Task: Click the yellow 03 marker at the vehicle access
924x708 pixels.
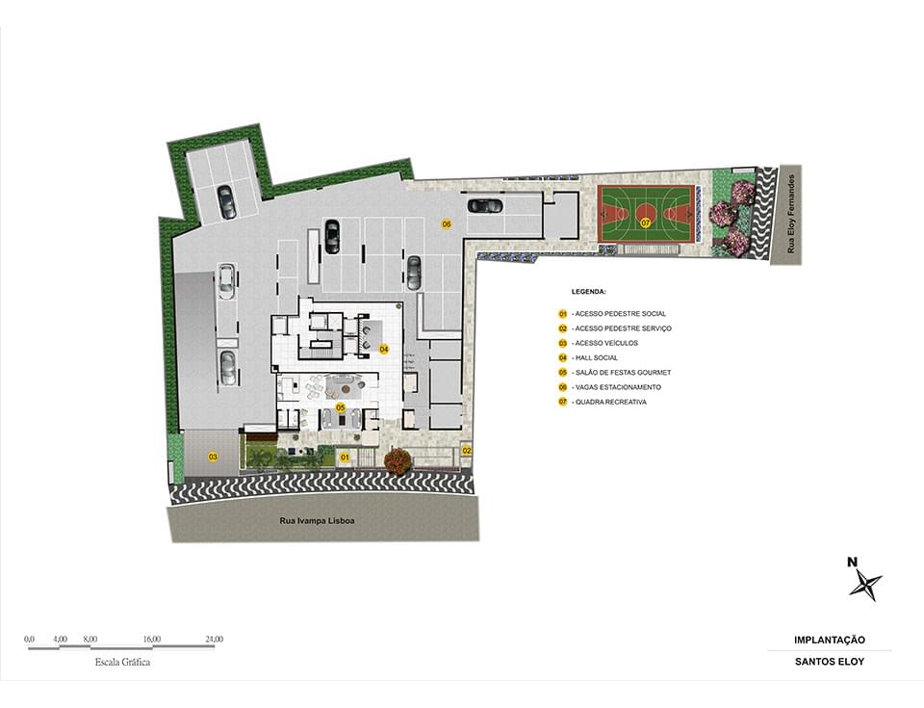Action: pyautogui.click(x=213, y=457)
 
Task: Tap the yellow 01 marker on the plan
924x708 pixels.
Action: pyautogui.click(x=346, y=458)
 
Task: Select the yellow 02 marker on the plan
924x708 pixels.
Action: pyautogui.click(x=467, y=451)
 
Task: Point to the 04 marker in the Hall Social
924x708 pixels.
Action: pyautogui.click(x=384, y=350)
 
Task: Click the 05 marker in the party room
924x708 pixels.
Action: pyautogui.click(x=340, y=407)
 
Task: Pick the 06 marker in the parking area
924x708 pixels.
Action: pyautogui.click(x=446, y=224)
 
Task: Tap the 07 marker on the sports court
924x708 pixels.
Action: pyautogui.click(x=646, y=223)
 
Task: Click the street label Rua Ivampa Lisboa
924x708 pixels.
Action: pyautogui.click(x=317, y=521)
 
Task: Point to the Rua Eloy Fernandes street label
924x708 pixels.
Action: pyautogui.click(x=791, y=214)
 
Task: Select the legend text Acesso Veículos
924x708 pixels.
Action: pyautogui.click(x=606, y=343)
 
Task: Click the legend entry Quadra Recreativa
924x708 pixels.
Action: pyautogui.click(x=610, y=402)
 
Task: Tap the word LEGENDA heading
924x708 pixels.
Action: pyautogui.click(x=589, y=292)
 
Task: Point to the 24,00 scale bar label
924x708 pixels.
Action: pyautogui.click(x=214, y=639)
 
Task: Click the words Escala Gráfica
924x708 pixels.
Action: pyautogui.click(x=122, y=662)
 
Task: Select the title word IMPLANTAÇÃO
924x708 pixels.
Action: pyautogui.click(x=830, y=641)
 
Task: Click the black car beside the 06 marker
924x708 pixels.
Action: pyautogui.click(x=485, y=205)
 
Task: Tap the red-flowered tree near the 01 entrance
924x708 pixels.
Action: pyautogui.click(x=398, y=460)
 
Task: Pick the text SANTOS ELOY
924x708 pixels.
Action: pyautogui.click(x=830, y=662)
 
